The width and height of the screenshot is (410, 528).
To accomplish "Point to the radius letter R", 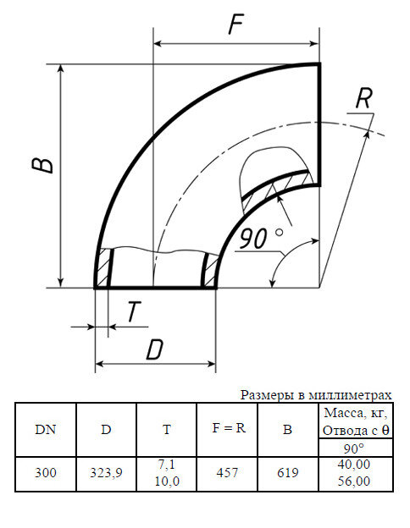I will point(363,98).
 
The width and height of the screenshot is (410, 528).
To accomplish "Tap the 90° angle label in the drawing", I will point(260,239).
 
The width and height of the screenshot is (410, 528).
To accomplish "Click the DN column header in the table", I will point(46,429).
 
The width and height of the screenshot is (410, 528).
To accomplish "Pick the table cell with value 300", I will point(46,473).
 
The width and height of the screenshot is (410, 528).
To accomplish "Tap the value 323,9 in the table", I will point(106,473).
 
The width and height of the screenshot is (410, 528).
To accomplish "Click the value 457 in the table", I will point(228,473).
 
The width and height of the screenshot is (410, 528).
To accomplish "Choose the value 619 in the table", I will point(287,473).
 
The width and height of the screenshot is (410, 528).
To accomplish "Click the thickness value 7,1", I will point(167,465).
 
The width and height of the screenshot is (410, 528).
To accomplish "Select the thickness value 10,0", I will point(167,481).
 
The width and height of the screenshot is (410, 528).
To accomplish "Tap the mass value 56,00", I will point(353,481).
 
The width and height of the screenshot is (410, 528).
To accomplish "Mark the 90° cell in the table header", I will point(353,448).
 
